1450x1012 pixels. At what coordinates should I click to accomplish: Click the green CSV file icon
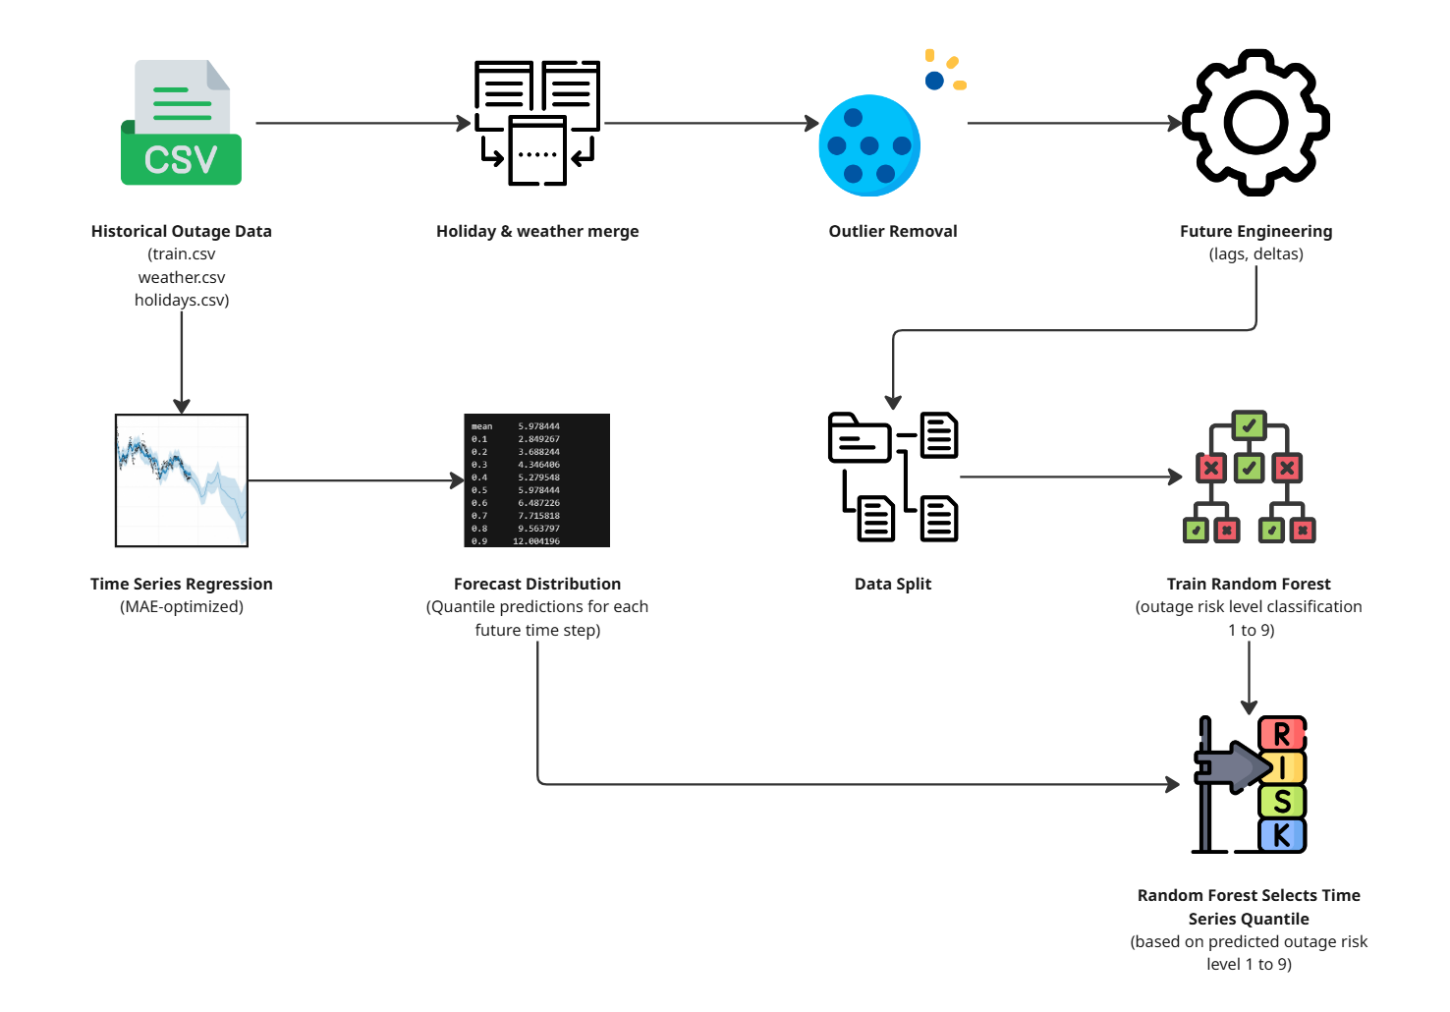coord(181,124)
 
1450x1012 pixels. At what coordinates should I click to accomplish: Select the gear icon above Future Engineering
coord(1255,123)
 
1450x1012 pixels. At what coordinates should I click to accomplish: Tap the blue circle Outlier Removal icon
coord(869,145)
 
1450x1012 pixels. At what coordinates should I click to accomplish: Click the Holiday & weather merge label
coord(537,232)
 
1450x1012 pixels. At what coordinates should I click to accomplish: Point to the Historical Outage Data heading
coord(182,232)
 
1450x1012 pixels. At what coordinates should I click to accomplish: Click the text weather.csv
coord(182,278)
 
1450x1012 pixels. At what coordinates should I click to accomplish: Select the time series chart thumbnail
coord(182,480)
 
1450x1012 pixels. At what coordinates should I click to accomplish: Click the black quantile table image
coord(536,480)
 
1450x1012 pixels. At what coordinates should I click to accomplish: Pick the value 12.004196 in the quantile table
coord(536,541)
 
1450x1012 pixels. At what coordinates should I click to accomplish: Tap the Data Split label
coord(893,585)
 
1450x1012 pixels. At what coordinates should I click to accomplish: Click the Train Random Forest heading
coord(1249,585)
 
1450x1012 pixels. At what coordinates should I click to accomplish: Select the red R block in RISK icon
coord(1282,734)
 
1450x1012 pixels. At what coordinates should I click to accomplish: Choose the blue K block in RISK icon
coord(1282,836)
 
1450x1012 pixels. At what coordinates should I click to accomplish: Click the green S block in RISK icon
coord(1282,802)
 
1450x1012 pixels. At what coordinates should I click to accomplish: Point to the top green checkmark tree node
coord(1249,426)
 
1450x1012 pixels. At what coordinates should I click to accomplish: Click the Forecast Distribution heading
coord(537,585)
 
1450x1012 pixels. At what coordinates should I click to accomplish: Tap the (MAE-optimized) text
coord(182,607)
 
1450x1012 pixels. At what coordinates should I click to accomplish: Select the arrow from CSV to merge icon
coord(363,124)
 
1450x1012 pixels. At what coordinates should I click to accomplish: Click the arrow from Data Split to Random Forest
coord(1071,478)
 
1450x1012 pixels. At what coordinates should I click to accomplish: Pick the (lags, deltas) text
coord(1255,254)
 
